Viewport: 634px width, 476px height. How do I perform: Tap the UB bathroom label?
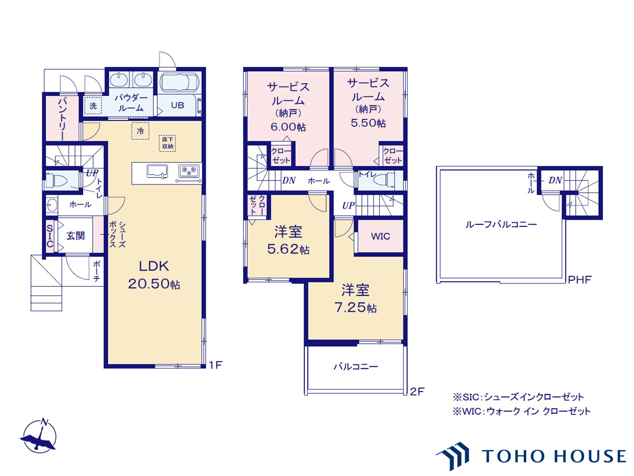tap(177, 105)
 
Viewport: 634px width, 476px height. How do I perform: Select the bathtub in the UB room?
tap(179, 82)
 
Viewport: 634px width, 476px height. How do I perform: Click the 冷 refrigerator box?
tap(140, 131)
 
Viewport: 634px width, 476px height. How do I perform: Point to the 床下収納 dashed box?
tap(167, 143)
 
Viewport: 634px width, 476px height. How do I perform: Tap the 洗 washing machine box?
tap(93, 106)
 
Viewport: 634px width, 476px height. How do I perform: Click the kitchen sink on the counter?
tap(157, 171)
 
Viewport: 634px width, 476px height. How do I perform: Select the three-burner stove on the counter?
tap(189, 170)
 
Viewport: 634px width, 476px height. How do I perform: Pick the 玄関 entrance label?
tap(75, 236)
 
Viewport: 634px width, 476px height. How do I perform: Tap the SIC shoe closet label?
tap(50, 236)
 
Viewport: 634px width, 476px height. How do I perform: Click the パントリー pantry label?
tap(62, 119)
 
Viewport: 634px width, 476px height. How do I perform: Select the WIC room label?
tap(380, 236)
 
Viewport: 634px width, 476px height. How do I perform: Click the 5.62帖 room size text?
tap(288, 249)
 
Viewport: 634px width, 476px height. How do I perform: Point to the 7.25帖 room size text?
tap(355, 308)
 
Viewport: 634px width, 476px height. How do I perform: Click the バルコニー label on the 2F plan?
tap(356, 367)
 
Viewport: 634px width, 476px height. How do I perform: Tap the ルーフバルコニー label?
tap(501, 225)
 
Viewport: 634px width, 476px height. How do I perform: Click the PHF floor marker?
tap(580, 280)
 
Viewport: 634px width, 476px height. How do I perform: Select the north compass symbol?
tap(39, 437)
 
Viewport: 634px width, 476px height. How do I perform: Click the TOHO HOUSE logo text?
tap(553, 456)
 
